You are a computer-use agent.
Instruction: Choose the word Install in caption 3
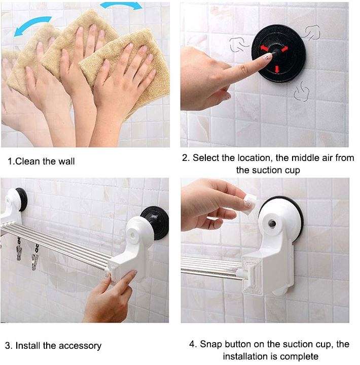point(28,346)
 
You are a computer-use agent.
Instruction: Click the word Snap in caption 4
point(212,344)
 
